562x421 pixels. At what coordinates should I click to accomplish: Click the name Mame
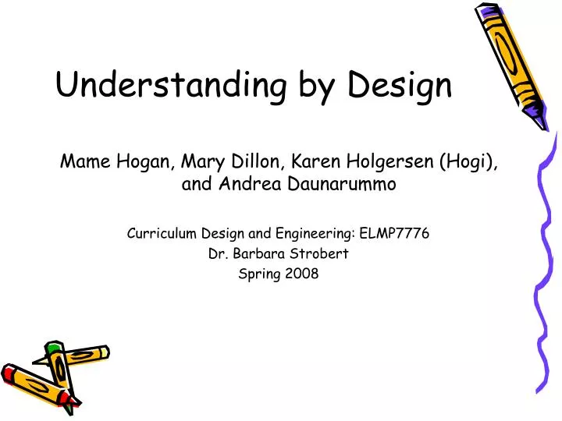[x=86, y=162]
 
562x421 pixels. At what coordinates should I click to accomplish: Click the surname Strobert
[x=322, y=253]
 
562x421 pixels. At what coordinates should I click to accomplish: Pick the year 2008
[x=302, y=274]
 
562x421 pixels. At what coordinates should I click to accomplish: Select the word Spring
[x=261, y=274]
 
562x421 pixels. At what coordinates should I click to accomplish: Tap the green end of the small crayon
[x=53, y=348]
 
